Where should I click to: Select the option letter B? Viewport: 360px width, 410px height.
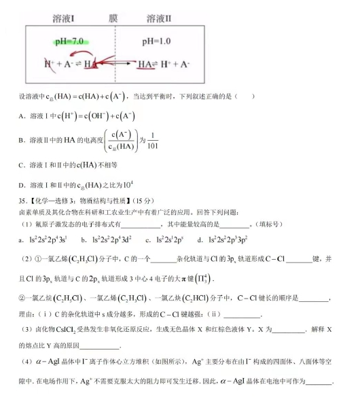(x=22, y=140)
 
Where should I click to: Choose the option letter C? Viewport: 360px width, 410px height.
(x=22, y=165)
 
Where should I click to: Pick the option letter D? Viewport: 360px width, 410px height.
(x=22, y=185)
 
